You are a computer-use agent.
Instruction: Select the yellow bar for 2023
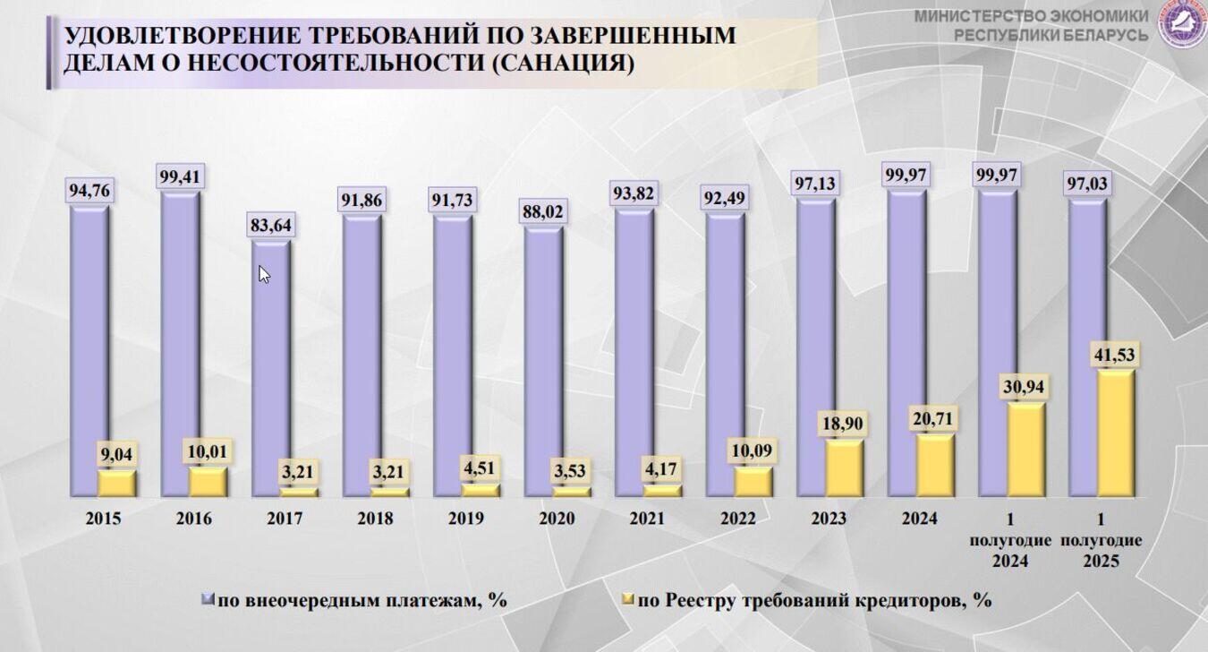[845, 468]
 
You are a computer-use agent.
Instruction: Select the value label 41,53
[1114, 355]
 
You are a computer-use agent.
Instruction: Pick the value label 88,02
[543, 213]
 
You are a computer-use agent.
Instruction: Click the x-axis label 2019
[465, 519]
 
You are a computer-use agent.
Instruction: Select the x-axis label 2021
[646, 519]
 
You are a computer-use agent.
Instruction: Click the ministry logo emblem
[1182, 24]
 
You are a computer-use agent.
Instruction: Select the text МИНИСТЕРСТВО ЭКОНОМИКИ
[1031, 16]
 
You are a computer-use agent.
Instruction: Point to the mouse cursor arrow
[264, 274]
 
